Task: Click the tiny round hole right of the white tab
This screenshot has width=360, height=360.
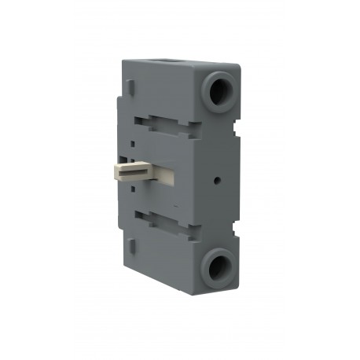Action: pyautogui.click(x=218, y=178)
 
